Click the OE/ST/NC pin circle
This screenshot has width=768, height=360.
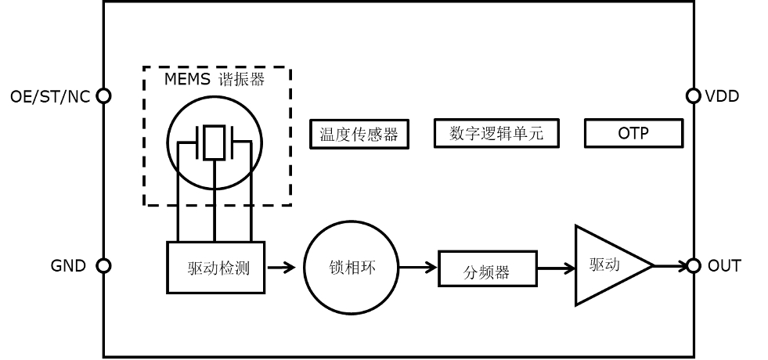point(103,95)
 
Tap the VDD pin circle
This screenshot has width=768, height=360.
point(693,95)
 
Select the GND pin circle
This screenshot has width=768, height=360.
point(103,266)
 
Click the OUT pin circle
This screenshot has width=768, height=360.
point(693,266)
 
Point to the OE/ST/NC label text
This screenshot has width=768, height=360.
point(50,96)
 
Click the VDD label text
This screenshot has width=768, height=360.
point(722,96)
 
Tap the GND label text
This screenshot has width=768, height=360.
point(68,266)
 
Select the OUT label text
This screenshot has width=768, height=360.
point(724,266)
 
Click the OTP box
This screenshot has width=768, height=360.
point(633,134)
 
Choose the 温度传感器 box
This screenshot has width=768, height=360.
point(359,135)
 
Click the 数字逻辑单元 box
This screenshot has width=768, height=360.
point(496,134)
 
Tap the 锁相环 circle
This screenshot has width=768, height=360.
point(352,267)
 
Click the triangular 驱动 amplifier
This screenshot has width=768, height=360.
point(607,265)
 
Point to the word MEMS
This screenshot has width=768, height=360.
point(188,80)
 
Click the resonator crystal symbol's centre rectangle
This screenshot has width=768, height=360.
point(214,142)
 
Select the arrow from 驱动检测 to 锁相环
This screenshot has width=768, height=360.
point(281,268)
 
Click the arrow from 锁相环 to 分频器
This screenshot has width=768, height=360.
point(418,268)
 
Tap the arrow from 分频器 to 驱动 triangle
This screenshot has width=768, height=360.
point(556,268)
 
